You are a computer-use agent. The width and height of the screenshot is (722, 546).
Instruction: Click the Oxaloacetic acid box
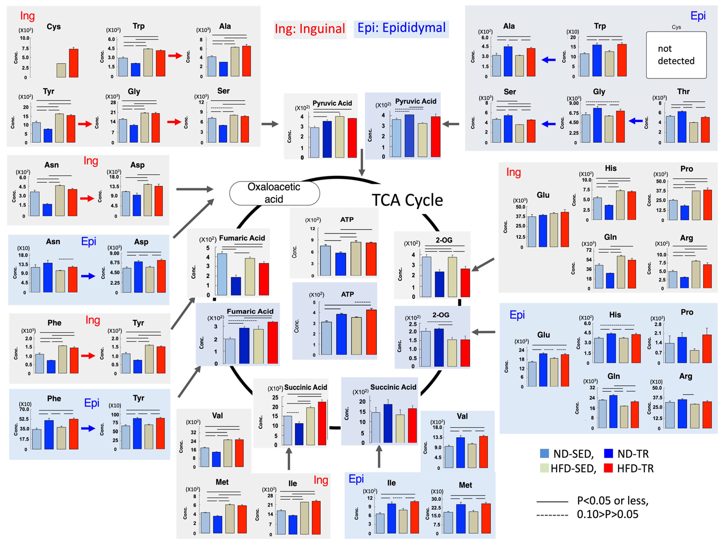pyautogui.click(x=274, y=193)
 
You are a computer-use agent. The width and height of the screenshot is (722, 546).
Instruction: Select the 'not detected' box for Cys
pyautogui.click(x=676, y=55)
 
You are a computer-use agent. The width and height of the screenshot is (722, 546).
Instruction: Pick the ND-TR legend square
pyautogui.click(x=608, y=453)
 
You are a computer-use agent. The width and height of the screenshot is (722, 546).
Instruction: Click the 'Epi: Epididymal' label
pyautogui.click(x=401, y=28)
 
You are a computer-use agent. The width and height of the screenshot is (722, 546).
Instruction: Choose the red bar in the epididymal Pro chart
pyautogui.click(x=707, y=349)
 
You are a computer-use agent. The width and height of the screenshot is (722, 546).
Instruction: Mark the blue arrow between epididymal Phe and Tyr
pyautogui.click(x=88, y=429)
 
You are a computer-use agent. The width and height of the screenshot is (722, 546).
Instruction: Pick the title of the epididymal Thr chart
pyautogui.click(x=683, y=92)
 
